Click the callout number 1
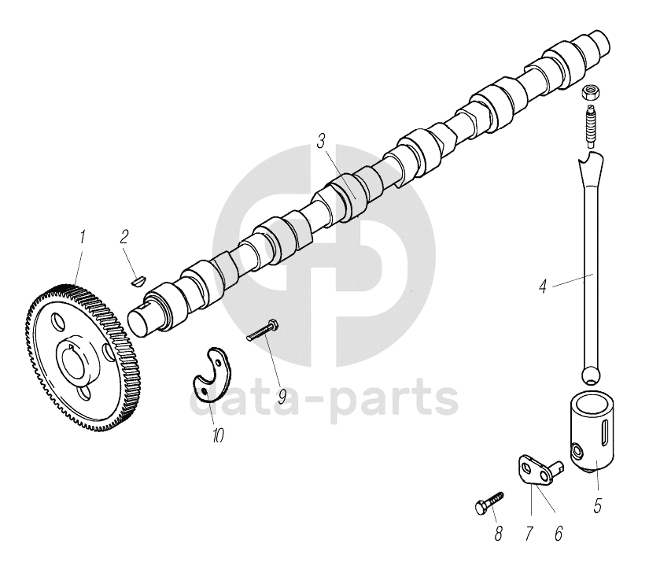click(x=81, y=235)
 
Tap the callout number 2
click(x=124, y=236)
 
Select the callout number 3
click(x=321, y=142)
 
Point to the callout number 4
click(x=542, y=287)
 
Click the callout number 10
click(x=218, y=434)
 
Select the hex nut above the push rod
click(x=591, y=92)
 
